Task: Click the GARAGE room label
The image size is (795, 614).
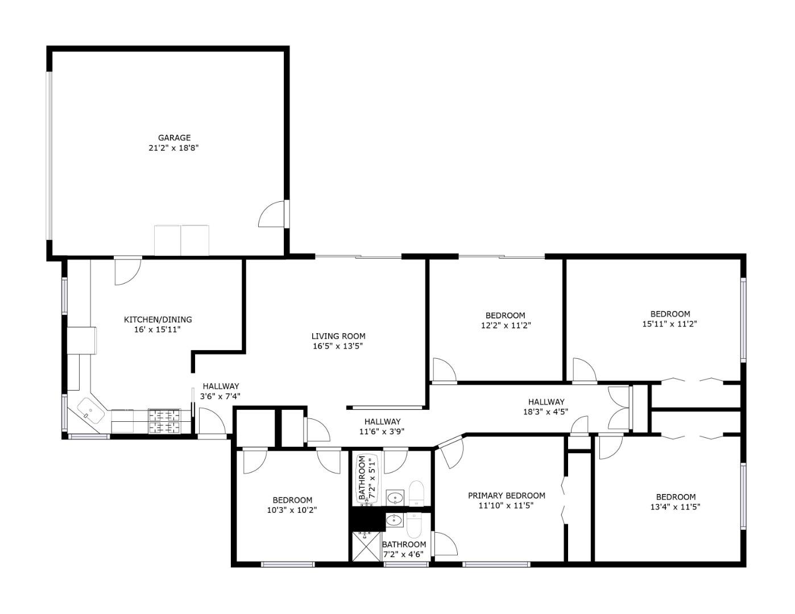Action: pyautogui.click(x=174, y=138)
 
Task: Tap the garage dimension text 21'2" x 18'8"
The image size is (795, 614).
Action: pyautogui.click(x=174, y=148)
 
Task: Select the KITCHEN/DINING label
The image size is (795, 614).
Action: pyautogui.click(x=158, y=320)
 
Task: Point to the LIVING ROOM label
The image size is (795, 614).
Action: pyautogui.click(x=338, y=336)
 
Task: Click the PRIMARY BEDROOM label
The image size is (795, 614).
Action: pyautogui.click(x=506, y=496)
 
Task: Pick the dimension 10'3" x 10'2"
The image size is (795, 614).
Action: pyautogui.click(x=291, y=510)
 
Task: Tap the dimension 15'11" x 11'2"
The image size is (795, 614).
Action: pyautogui.click(x=670, y=324)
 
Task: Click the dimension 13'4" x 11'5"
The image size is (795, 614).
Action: pyautogui.click(x=676, y=507)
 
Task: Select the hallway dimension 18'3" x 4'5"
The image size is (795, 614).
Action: pyautogui.click(x=545, y=412)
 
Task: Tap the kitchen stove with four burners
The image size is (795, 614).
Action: pyautogui.click(x=164, y=421)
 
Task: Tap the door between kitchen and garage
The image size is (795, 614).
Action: pyautogui.click(x=127, y=271)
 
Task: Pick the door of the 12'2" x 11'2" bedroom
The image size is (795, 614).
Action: pyautogui.click(x=444, y=371)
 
